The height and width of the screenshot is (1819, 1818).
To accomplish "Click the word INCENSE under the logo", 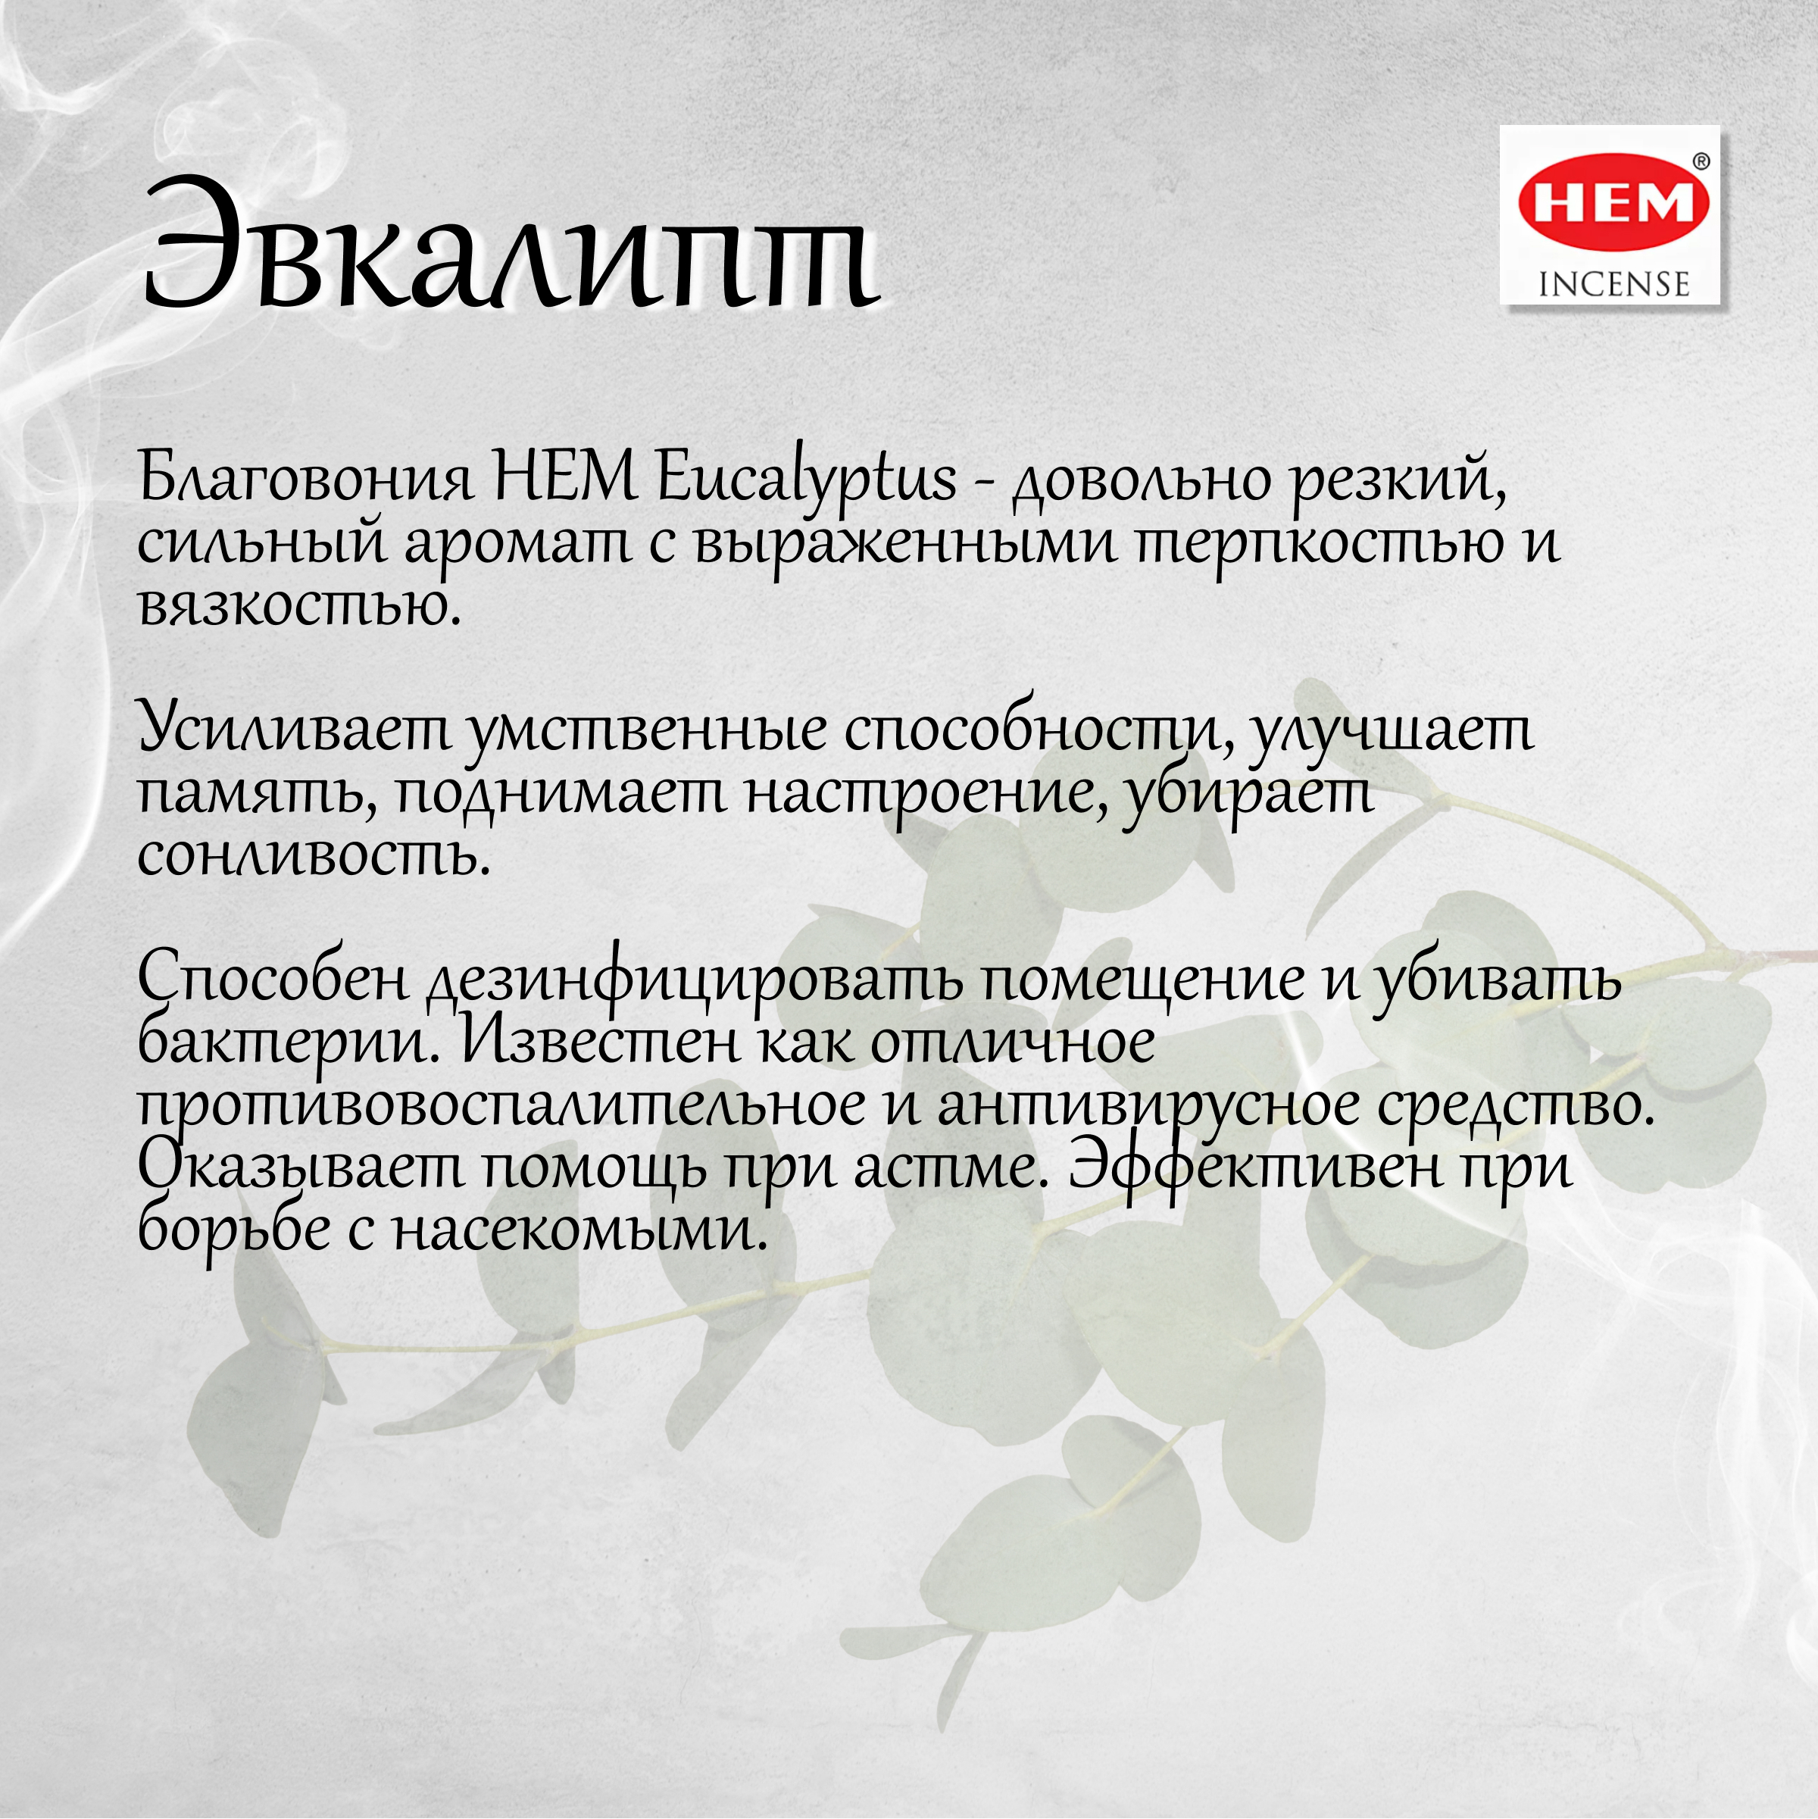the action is point(1613,283).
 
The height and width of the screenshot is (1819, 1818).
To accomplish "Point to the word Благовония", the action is point(306,478).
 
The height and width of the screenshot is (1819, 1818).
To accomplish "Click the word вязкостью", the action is point(299,605).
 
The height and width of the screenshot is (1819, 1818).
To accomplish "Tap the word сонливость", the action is point(314,856).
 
